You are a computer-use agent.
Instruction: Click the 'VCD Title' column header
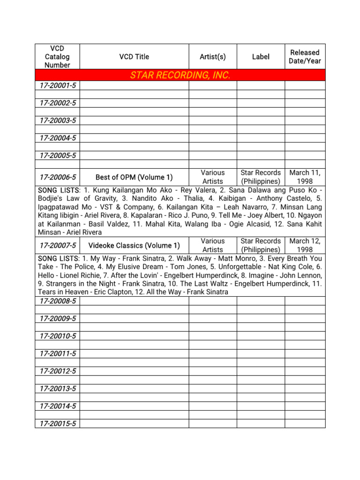coord(134,57)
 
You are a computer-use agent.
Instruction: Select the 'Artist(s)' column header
coord(212,57)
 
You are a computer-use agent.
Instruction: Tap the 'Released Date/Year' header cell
coord(305,57)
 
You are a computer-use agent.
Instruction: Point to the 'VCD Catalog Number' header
coord(58,57)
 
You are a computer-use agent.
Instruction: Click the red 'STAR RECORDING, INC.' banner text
coord(180,75)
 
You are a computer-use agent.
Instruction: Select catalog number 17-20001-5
coord(58,86)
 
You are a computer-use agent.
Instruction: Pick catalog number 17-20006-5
coord(58,177)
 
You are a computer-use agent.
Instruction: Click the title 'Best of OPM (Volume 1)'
coord(134,177)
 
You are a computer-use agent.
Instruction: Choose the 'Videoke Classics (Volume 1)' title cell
coord(134,245)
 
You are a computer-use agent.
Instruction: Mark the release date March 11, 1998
coord(305,177)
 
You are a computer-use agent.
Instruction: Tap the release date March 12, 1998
coord(305,245)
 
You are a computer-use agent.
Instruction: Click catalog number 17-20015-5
coord(58,424)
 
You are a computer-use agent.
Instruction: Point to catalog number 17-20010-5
coord(58,336)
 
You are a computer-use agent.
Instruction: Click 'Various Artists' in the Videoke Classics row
coord(212,245)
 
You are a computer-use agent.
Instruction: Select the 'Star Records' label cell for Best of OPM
coord(261,177)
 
